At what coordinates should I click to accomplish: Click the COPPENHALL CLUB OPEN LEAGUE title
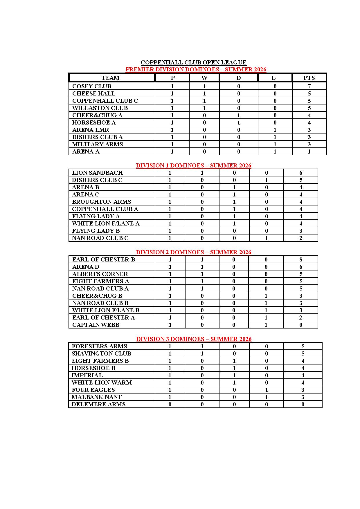point(193,62)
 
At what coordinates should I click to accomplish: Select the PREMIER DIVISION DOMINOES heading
point(196,69)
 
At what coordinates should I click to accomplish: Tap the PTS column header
point(309,78)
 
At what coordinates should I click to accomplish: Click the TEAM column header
point(110,78)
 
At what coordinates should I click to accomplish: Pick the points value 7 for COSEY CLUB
point(309,86)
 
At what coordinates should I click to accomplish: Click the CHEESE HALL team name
point(93,93)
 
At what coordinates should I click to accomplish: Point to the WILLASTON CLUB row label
point(100,108)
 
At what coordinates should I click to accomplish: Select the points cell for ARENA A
point(309,151)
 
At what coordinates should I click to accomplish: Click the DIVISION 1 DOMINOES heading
point(193,165)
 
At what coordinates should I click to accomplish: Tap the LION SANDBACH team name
point(97,173)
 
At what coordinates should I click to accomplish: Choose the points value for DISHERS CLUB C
point(301,180)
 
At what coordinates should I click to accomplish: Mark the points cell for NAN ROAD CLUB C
point(301,238)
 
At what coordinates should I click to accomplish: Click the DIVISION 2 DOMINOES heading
point(193,252)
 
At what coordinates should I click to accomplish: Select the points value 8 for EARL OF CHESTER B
point(301,259)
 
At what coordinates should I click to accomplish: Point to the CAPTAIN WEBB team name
point(96,325)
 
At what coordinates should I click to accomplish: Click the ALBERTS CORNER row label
point(100,274)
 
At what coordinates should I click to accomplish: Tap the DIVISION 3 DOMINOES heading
point(194,339)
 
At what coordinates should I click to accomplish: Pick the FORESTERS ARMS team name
point(99,346)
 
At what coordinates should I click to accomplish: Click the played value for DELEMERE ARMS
point(170,404)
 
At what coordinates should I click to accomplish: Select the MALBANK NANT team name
point(96,397)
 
